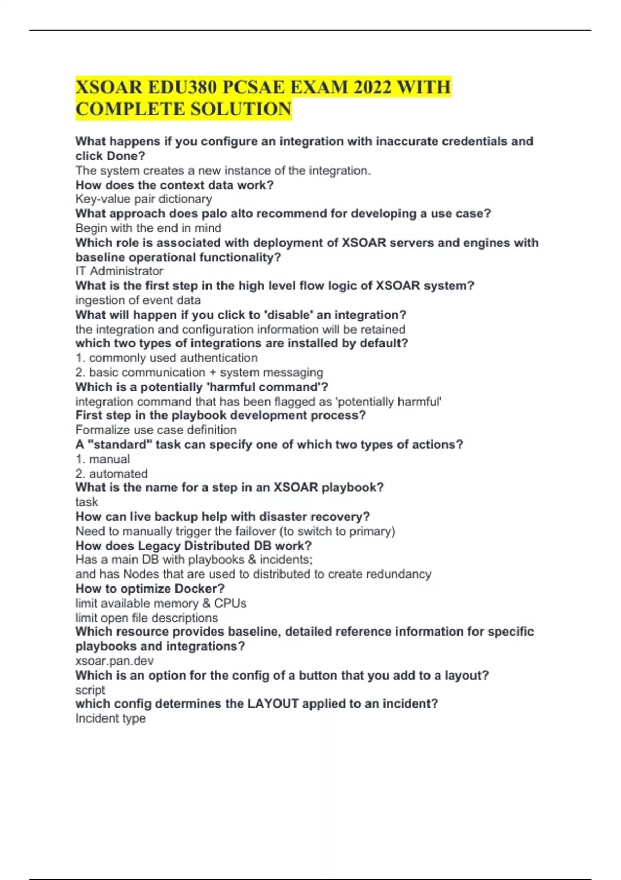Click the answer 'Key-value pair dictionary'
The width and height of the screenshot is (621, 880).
143,199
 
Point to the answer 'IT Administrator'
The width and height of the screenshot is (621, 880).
119,271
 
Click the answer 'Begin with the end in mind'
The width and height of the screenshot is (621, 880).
148,228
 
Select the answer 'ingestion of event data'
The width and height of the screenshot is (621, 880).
138,300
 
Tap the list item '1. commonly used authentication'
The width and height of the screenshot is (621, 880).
166,358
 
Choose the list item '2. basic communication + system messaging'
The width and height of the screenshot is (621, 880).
199,372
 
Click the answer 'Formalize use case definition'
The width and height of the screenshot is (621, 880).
156,430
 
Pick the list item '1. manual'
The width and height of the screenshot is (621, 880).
102,459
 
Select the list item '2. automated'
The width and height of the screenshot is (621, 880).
111,474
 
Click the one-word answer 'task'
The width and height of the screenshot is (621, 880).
86,502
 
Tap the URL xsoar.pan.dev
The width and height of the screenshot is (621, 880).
114,661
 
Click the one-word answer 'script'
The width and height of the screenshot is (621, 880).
90,690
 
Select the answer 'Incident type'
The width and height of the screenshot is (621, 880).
110,718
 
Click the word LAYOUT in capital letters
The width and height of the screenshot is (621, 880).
273,704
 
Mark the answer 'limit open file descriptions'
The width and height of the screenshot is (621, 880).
146,618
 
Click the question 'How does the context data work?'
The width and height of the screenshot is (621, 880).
174,185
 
